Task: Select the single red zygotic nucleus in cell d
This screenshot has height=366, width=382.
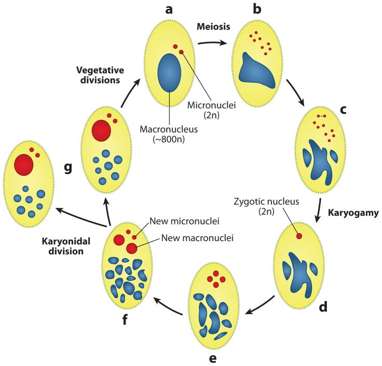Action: tap(299, 236)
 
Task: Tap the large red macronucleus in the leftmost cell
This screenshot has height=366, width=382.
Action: tap(24, 165)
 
